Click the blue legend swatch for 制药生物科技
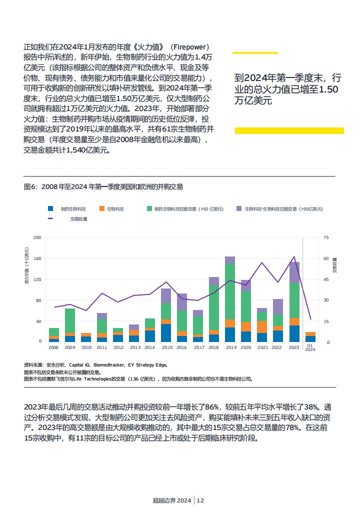coord(50,208)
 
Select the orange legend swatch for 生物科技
coord(102,208)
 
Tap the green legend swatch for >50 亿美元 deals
coord(149,208)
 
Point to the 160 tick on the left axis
coord(37,258)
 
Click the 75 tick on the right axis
coord(326,237)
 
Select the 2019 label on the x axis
coord(231,347)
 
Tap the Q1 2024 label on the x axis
coord(310,347)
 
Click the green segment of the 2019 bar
coord(229,291)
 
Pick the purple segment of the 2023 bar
coord(294,272)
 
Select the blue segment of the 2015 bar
coord(165,333)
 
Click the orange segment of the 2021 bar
coord(262,327)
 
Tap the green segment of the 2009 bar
coord(69,320)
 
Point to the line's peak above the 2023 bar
coord(293,256)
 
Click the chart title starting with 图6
coord(103,186)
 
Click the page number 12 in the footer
coord(200,500)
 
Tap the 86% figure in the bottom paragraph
coord(212,407)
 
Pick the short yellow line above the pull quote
coord(255,52)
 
